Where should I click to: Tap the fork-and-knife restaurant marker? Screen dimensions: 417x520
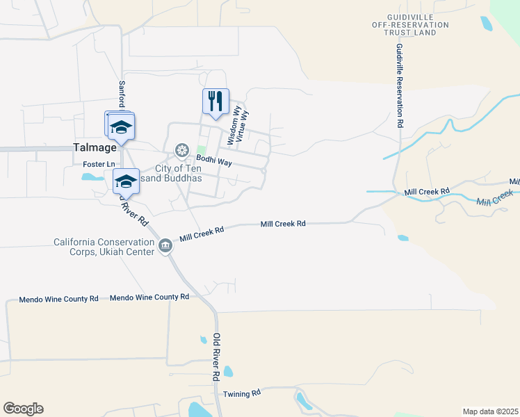click(216, 101)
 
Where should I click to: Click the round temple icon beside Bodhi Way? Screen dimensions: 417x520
click(182, 150)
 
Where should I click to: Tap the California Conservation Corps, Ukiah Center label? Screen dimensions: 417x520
click(104, 247)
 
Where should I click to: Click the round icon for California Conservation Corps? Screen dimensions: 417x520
click(165, 245)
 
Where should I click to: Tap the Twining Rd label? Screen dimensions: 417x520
click(241, 393)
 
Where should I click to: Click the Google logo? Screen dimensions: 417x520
click(23, 409)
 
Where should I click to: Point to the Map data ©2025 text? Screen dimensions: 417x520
click(490, 411)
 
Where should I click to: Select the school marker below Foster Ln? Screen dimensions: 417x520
click(125, 181)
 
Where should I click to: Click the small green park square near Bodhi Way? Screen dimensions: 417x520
click(202, 150)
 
